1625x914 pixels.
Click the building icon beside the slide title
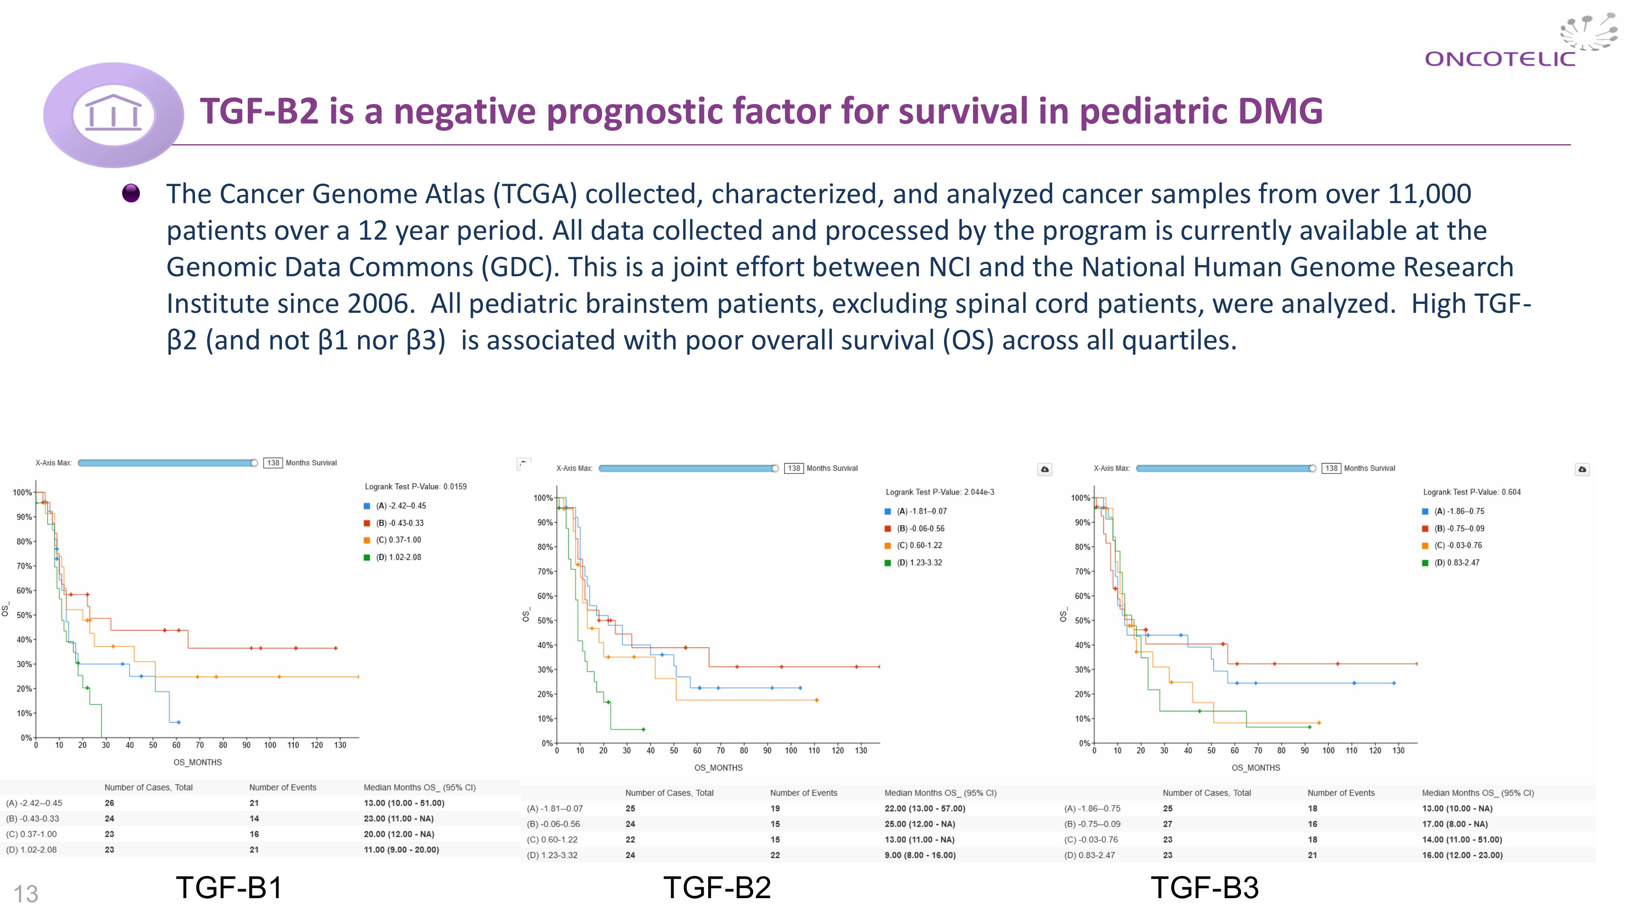pyautogui.click(x=114, y=114)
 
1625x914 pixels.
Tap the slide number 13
pyautogui.click(x=26, y=894)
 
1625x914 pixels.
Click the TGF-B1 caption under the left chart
pyautogui.click(x=229, y=888)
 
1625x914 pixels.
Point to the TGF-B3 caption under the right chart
pyautogui.click(x=1205, y=888)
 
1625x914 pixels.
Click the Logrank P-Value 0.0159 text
pyautogui.click(x=416, y=486)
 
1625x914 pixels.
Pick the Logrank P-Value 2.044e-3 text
pyautogui.click(x=939, y=492)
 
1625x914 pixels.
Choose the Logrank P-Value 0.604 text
pyautogui.click(x=1472, y=492)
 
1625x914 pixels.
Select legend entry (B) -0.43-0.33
pyautogui.click(x=400, y=523)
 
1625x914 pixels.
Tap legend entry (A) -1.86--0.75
pyautogui.click(x=1459, y=511)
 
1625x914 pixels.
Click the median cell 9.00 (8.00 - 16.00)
pyautogui.click(x=920, y=856)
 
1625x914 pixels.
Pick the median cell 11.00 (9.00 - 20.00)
pyautogui.click(x=401, y=850)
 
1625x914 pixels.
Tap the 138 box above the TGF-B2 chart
pyautogui.click(x=793, y=468)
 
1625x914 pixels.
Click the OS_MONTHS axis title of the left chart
pyautogui.click(x=197, y=762)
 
